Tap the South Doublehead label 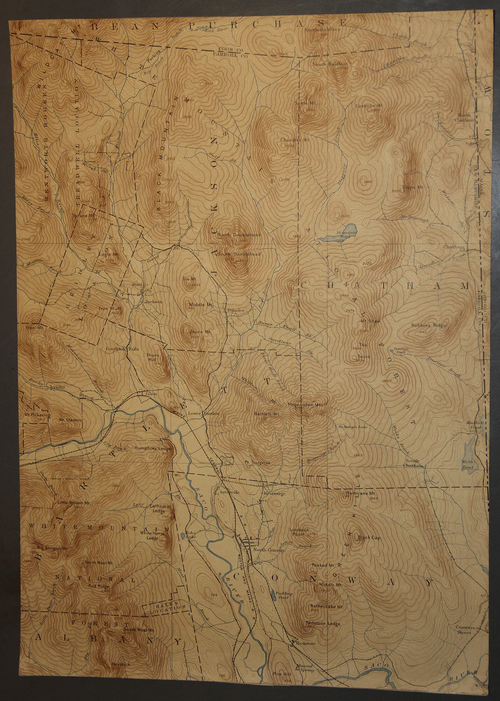(x=239, y=254)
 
